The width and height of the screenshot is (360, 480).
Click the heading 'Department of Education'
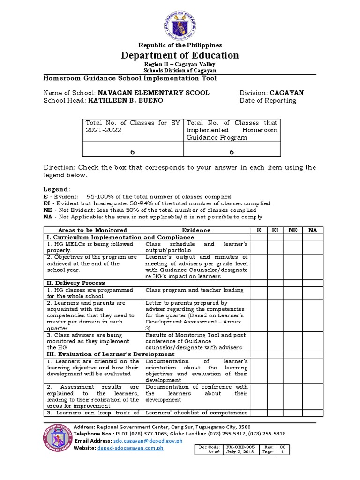180,55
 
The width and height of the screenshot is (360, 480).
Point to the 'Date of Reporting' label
268,100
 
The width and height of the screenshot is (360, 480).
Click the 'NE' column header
293,230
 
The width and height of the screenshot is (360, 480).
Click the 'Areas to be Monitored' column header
92,230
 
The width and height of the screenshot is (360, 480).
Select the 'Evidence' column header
196,230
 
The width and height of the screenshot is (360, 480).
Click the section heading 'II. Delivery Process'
75,283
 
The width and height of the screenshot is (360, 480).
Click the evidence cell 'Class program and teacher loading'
195,290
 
